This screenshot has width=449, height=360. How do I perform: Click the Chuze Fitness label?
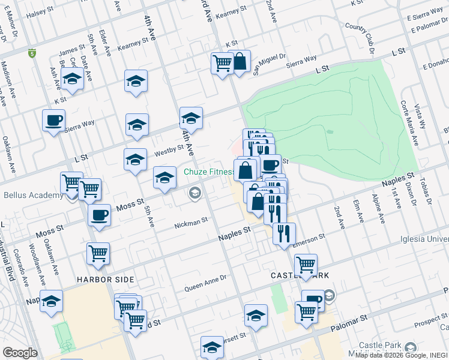point(209,172)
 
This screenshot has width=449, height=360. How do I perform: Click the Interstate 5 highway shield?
point(31,53)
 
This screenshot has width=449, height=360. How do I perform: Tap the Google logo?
point(20,353)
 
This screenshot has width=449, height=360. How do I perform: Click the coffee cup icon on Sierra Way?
point(53,120)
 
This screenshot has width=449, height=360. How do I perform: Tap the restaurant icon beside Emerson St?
point(284,233)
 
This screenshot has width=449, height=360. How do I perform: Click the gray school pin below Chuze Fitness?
point(194,193)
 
